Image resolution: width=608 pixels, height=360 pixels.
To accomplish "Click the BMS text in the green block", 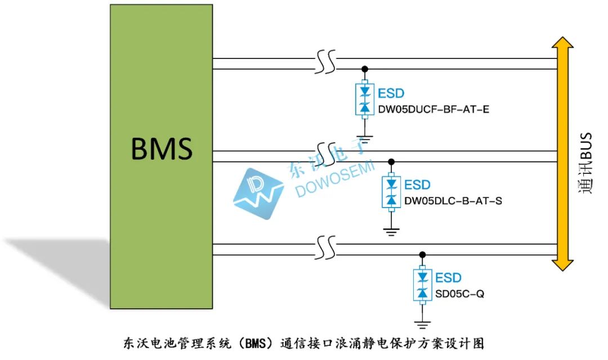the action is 162,149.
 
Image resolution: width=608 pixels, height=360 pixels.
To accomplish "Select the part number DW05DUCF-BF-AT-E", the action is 433,109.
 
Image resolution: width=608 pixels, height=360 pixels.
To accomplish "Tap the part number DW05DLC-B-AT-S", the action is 453,201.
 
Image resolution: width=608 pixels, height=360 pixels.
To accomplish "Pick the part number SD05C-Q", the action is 459,294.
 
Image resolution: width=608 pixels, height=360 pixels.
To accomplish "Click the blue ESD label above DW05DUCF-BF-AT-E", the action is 391,93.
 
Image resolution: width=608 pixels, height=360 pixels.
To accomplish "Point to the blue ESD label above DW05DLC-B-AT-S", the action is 417,185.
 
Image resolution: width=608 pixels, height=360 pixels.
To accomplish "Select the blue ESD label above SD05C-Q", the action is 448,278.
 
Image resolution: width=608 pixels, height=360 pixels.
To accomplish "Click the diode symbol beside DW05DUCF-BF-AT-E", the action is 364,100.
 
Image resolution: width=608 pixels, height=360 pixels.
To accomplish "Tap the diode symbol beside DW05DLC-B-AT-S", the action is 391,192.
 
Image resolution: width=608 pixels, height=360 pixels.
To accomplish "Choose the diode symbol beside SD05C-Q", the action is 422,285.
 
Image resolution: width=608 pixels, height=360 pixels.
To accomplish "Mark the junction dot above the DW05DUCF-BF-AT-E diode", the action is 364,69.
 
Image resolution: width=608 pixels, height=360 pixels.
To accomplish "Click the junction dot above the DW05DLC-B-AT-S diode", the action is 391,161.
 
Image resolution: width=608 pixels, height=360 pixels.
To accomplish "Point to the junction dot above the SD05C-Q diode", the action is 422,255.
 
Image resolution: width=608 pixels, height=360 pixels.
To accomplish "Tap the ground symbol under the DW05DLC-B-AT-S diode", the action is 391,232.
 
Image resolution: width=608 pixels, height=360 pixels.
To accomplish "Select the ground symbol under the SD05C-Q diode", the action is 422,325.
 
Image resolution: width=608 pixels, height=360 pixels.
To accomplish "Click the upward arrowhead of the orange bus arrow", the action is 562,43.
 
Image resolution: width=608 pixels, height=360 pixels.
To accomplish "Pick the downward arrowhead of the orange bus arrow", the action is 562,265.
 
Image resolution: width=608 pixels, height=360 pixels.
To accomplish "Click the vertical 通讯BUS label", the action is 585,163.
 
